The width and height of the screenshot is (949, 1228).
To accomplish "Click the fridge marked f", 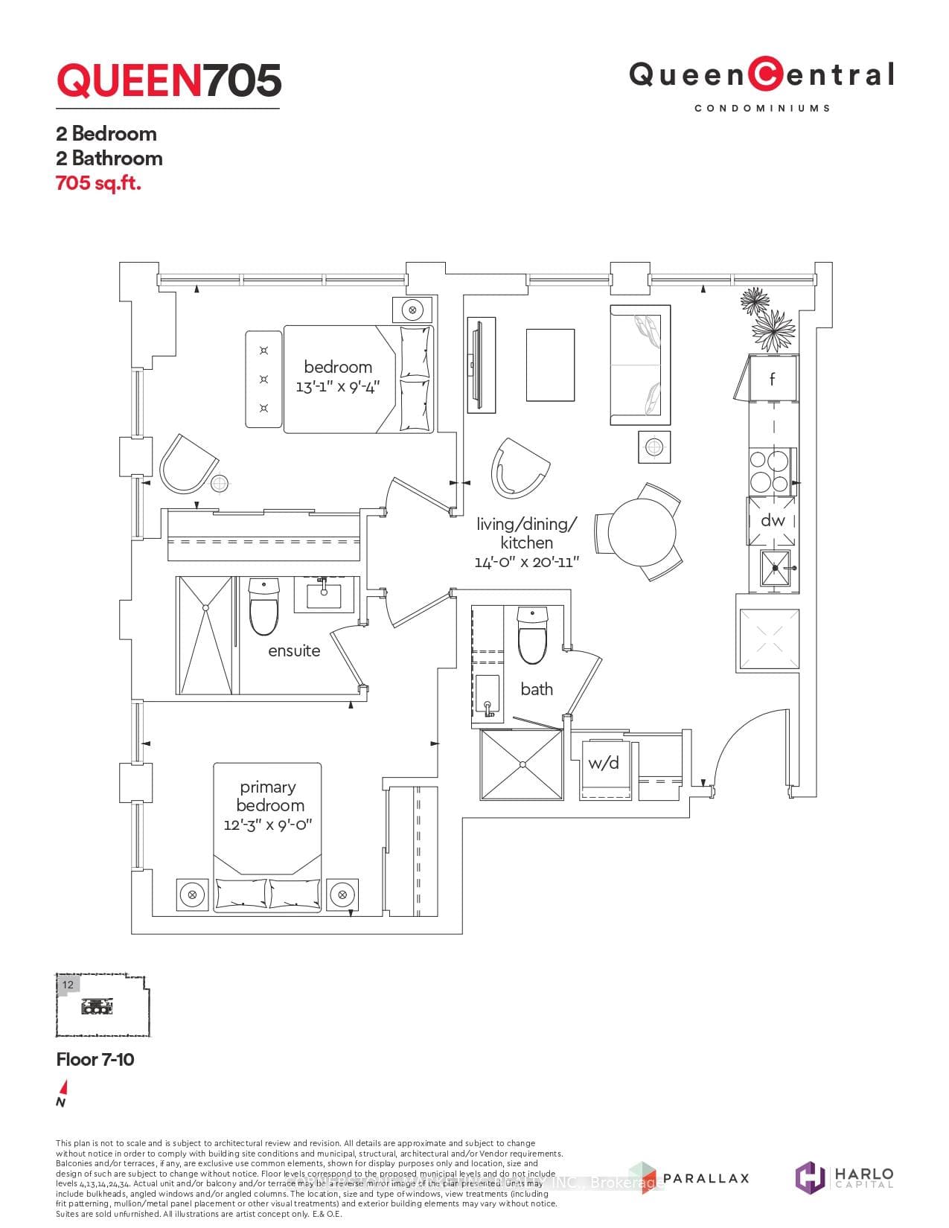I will coord(773,379).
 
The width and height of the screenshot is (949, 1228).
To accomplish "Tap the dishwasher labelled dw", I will coord(772,520).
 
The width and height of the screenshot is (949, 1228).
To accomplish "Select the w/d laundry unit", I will coord(604,767).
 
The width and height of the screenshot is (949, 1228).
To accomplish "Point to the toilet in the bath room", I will coord(531,635).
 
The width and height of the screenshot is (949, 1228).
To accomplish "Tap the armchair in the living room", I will coord(520,467).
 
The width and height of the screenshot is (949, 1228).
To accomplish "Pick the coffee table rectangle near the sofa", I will coord(550,365).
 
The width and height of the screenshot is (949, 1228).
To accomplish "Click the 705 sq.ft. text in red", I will coord(98,182).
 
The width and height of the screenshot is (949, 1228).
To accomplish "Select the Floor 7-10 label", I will coord(95,1059).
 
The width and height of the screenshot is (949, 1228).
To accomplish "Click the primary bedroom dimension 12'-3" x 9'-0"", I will coord(267,825).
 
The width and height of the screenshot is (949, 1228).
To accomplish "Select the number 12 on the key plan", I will coord(68,984).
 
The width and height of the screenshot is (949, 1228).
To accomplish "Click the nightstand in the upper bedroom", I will coord(413,309).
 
